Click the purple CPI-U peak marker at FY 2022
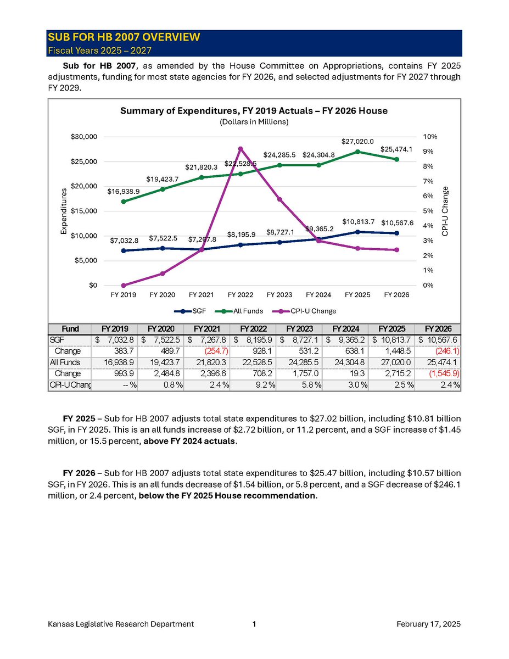240,149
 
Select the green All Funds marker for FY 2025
358,152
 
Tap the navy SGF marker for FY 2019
124,250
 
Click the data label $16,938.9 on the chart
124,191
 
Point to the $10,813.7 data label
358,221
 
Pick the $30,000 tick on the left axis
86,136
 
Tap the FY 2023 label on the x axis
279,295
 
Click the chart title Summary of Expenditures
254,111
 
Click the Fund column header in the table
70,329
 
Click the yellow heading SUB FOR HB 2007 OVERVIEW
124,37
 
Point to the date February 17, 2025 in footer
428,624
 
